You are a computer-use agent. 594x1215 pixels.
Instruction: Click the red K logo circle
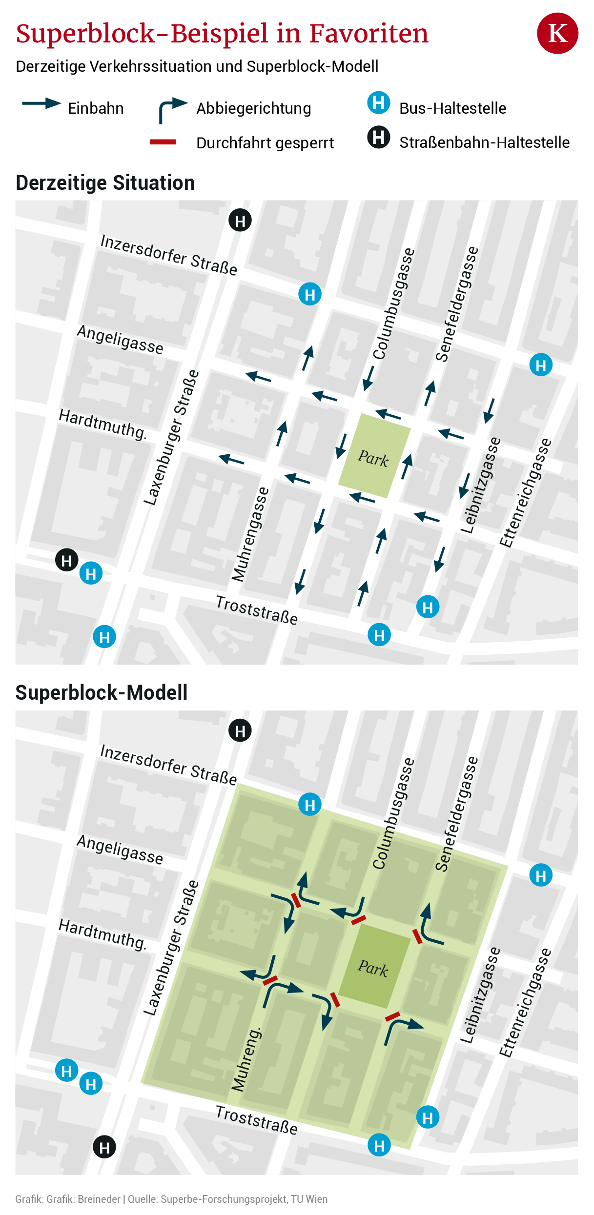(x=557, y=33)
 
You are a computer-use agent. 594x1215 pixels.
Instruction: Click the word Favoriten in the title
(x=369, y=33)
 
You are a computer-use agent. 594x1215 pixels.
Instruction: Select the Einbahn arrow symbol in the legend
(x=41, y=103)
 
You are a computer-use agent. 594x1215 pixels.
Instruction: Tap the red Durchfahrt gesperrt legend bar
(x=163, y=142)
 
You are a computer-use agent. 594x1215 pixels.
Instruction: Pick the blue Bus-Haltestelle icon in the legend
(x=378, y=103)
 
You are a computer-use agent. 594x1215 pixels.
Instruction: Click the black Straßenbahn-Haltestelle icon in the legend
(x=378, y=137)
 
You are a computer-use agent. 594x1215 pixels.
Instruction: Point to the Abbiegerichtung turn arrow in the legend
(x=172, y=109)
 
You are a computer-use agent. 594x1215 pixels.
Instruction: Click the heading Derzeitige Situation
(x=105, y=183)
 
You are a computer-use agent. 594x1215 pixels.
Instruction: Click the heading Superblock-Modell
(x=101, y=693)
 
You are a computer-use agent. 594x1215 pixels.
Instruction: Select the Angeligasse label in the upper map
(x=120, y=340)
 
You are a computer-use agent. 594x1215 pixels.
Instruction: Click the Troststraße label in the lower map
(x=257, y=1120)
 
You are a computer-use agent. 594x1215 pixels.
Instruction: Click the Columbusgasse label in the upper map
(x=393, y=304)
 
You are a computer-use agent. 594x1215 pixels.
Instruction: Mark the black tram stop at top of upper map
(x=240, y=221)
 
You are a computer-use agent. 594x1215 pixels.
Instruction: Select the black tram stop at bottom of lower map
(x=104, y=1147)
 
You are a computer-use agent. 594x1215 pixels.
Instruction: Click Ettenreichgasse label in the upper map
(x=525, y=493)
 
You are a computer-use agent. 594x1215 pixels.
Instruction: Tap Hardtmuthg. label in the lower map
(x=102, y=934)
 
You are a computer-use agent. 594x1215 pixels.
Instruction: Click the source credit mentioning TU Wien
(x=227, y=1199)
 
